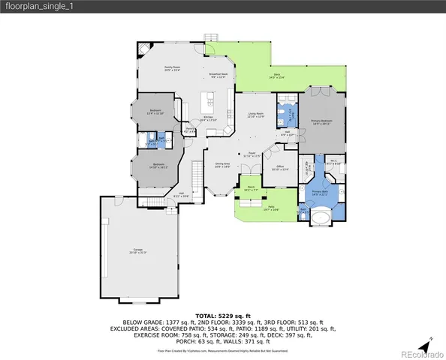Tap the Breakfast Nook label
pos(218,75)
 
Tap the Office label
pos(279,168)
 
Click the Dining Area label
pos(222,165)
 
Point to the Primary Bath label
pos(321,193)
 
